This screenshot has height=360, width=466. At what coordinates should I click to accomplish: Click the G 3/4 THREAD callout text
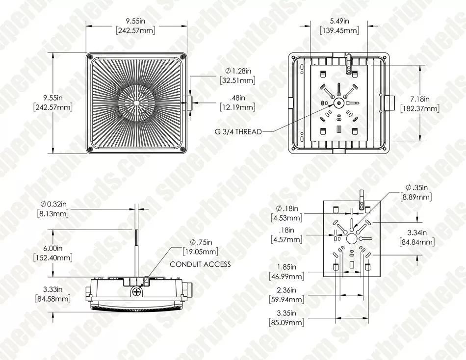[238, 131]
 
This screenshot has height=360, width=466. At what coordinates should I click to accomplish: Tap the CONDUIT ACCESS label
[200, 264]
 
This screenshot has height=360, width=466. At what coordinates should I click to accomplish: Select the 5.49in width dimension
[339, 21]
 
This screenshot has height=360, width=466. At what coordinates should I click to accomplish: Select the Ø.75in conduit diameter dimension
[201, 242]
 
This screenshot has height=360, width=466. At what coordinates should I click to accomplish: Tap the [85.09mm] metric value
[286, 323]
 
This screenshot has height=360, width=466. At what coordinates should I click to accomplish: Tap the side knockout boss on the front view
[189, 103]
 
